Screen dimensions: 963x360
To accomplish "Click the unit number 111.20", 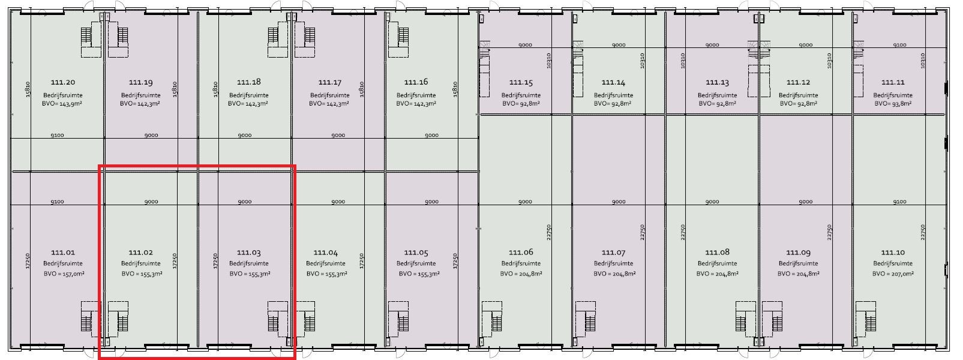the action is [63, 82].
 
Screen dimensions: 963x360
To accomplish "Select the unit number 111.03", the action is [249, 253].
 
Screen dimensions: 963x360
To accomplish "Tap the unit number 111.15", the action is [521, 82].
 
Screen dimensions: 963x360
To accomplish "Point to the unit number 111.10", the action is [893, 253].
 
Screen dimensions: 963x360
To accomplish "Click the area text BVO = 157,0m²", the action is [64, 274].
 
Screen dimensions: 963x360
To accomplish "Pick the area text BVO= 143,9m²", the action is [62, 104].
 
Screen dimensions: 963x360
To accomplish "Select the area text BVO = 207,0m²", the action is [893, 274].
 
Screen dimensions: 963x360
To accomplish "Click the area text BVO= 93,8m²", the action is [893, 104].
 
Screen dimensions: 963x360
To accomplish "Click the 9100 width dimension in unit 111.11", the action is [900, 45].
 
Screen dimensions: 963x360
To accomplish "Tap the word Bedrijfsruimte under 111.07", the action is [613, 263].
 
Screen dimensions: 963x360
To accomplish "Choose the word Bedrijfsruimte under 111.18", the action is [249, 95].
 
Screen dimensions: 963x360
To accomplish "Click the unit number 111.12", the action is [799, 82].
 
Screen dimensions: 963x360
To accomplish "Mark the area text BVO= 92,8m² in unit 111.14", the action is [613, 104].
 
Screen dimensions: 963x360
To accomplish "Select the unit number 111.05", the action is [416, 253].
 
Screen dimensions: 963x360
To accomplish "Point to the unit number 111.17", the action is [330, 82].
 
